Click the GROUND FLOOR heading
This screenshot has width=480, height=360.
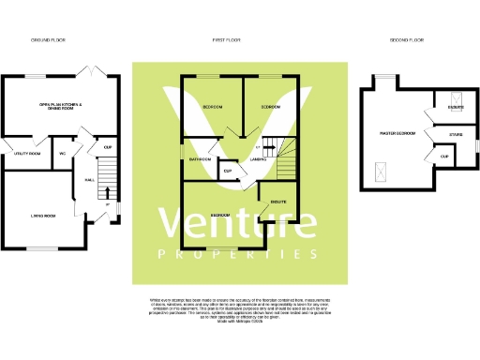tap(48, 40)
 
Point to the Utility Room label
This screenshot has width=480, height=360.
tap(27, 153)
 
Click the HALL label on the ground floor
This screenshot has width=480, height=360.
tap(89, 180)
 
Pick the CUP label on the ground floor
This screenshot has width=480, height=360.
tap(108, 147)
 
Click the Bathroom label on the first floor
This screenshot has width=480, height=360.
tap(201, 159)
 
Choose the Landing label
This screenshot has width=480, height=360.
tap(259, 159)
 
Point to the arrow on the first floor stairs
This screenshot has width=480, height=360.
tap(266, 147)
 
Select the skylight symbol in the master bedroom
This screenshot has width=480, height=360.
tap(381, 172)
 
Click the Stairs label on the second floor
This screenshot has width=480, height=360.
tap(456, 135)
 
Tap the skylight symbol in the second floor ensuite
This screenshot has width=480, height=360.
tap(457, 98)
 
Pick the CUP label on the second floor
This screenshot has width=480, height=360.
tap(443, 156)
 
